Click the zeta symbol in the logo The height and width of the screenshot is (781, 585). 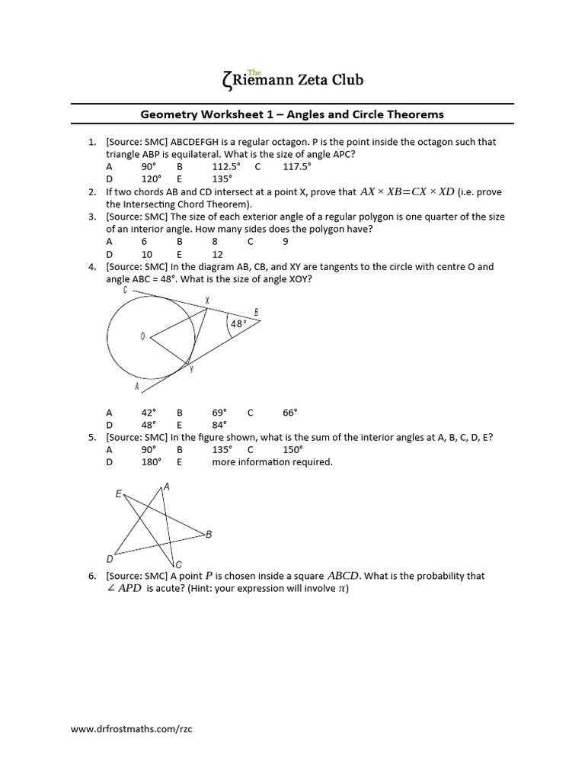(x=224, y=79)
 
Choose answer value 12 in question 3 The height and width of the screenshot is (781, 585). (x=218, y=254)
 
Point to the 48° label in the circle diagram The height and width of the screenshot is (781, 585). (x=238, y=324)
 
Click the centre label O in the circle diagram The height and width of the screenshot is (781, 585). (x=142, y=336)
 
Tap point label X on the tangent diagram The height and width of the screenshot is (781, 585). (x=207, y=301)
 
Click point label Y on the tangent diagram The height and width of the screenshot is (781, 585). (x=191, y=368)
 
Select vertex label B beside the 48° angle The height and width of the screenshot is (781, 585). (x=256, y=311)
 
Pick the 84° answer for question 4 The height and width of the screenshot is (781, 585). (x=220, y=425)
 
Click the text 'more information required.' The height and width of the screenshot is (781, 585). (x=272, y=461)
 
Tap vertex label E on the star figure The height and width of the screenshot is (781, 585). (x=118, y=494)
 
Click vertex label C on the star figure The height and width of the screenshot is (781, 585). (x=178, y=564)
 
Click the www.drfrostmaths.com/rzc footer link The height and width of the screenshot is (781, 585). (x=132, y=729)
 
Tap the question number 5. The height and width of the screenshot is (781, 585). (x=92, y=437)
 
